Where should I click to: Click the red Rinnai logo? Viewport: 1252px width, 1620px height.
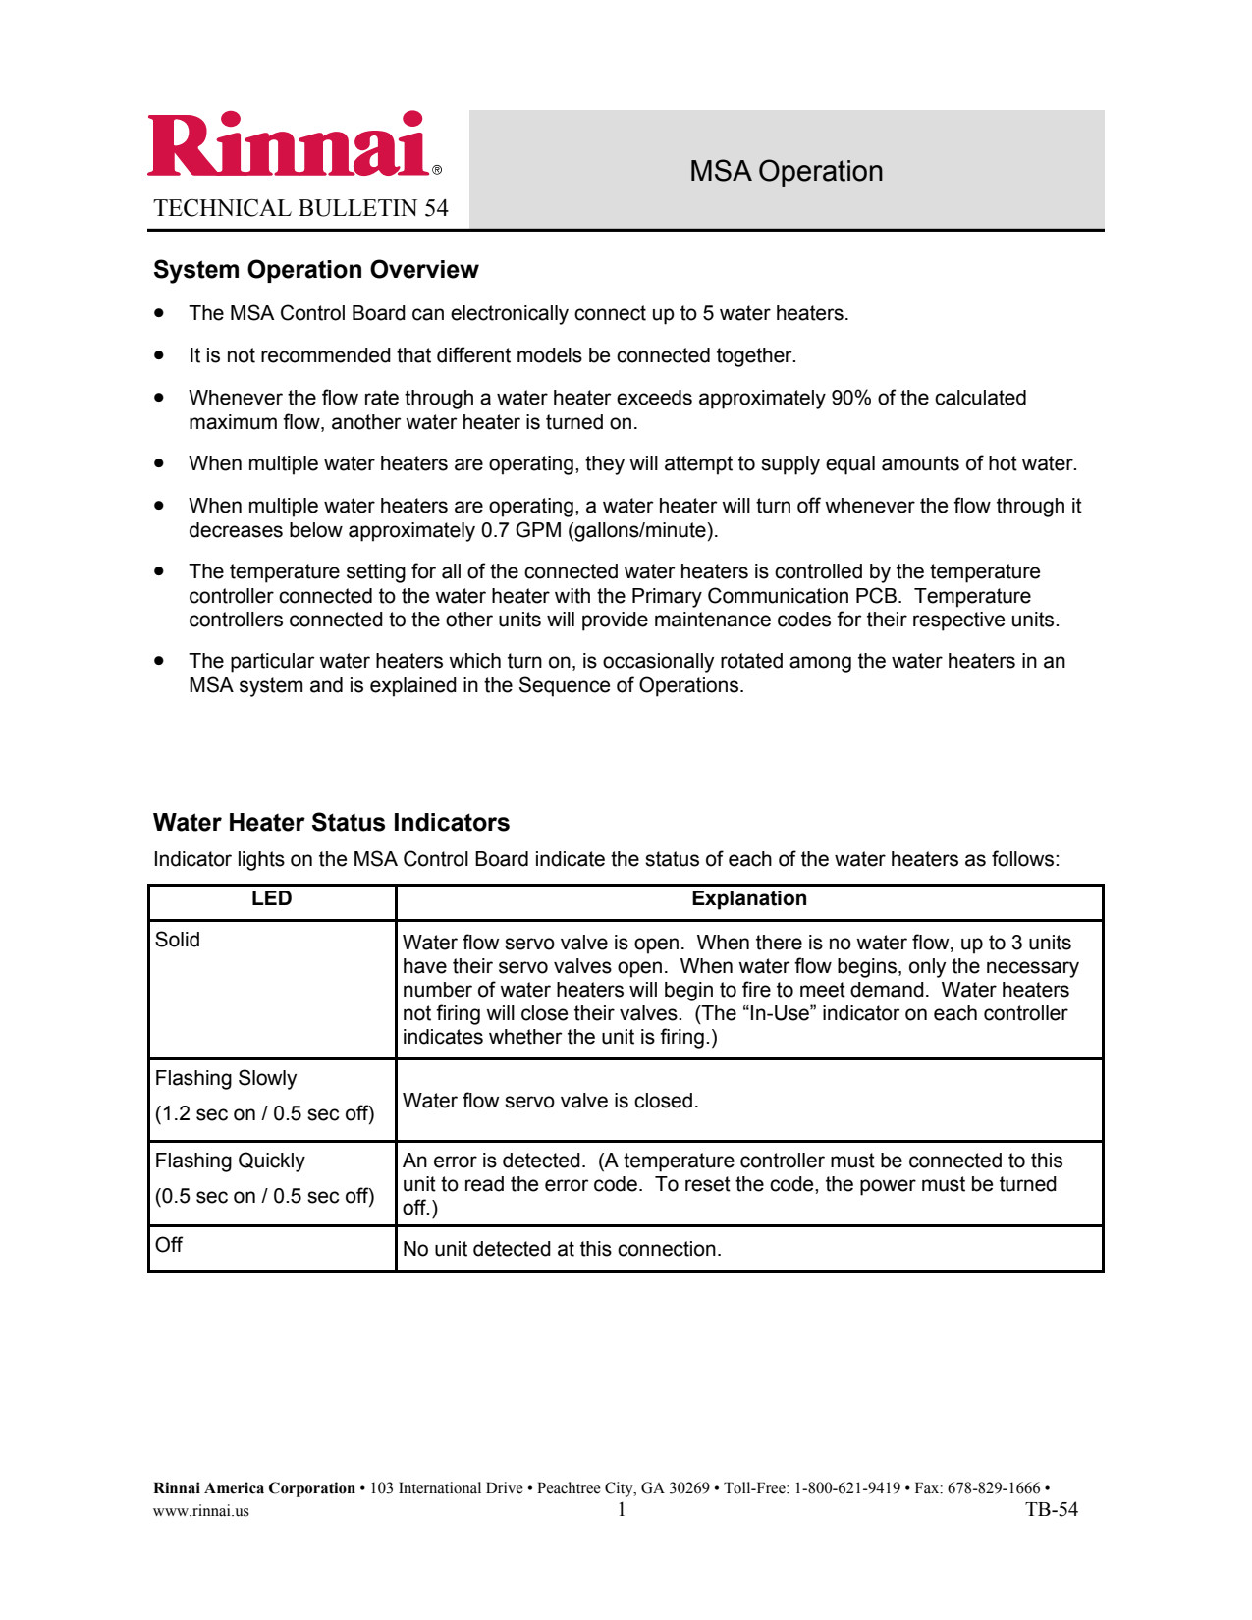tap(290, 145)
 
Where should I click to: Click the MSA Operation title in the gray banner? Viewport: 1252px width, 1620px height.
tap(786, 171)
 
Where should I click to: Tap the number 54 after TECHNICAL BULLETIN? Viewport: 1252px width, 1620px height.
tap(436, 208)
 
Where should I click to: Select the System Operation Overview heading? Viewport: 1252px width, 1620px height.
tap(315, 270)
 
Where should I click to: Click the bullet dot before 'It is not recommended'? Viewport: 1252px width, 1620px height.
tap(159, 355)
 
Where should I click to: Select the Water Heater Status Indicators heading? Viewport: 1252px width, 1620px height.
tap(331, 823)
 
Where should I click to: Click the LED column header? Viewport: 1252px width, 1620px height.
tap(271, 898)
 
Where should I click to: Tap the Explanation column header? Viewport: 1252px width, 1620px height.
tap(749, 898)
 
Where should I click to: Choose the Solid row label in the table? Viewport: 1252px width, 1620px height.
tap(178, 940)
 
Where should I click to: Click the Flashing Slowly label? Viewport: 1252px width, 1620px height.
tap(226, 1078)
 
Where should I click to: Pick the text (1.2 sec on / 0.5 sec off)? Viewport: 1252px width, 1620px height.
tap(265, 1113)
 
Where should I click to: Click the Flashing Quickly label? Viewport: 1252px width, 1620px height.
tap(230, 1161)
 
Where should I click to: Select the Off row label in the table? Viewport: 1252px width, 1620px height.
tap(169, 1245)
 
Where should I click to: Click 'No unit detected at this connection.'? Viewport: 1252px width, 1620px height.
tap(562, 1249)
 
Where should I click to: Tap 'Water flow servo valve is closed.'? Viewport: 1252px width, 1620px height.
tap(550, 1101)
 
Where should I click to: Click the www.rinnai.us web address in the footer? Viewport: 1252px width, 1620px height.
tap(201, 1511)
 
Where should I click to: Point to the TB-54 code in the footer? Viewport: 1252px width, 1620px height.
tap(1051, 1510)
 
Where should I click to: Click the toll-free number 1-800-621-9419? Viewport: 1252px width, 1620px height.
tap(845, 1488)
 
